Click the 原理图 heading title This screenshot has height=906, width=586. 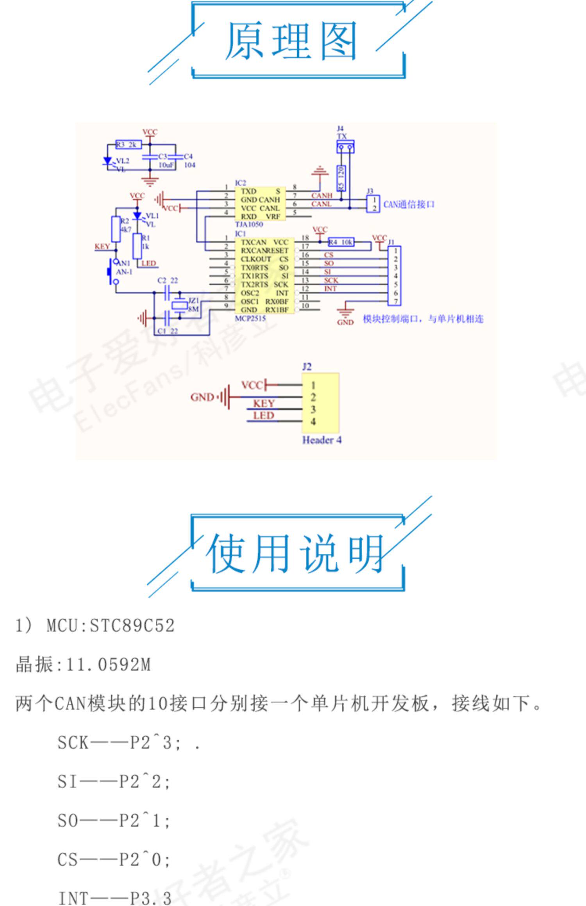291,41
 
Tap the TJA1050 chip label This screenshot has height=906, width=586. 249,224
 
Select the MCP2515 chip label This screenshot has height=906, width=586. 250,318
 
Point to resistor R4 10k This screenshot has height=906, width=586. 341,242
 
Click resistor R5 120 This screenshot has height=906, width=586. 341,178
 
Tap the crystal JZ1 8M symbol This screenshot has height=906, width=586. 180,305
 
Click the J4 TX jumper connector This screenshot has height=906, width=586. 345,147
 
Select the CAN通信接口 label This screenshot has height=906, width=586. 409,204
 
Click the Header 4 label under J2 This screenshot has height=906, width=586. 322,440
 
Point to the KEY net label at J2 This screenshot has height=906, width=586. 264,403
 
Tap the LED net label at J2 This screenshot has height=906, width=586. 264,416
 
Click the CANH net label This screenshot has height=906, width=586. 322,195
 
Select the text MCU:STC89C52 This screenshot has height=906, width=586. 110,626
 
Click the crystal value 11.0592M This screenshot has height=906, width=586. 108,665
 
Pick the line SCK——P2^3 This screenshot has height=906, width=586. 119,743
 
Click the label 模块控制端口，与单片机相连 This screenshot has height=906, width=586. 423,319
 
